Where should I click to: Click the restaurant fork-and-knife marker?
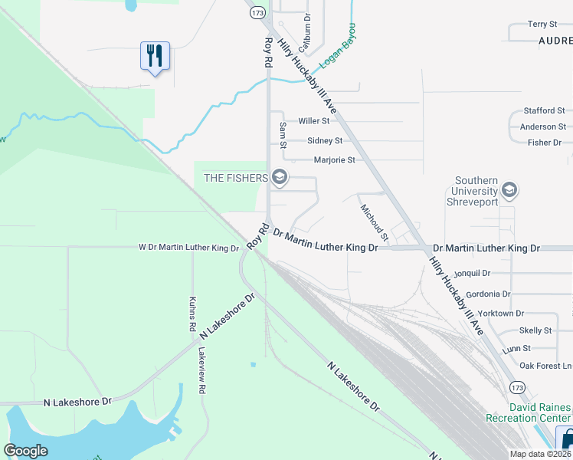click(x=155, y=56)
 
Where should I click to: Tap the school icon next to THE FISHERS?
click(x=279, y=178)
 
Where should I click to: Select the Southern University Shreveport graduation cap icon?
click(x=509, y=189)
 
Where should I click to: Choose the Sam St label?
click(x=283, y=134)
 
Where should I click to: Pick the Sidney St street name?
click(x=324, y=141)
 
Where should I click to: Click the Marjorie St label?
click(x=335, y=160)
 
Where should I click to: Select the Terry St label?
click(x=542, y=25)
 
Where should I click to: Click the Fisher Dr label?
click(x=545, y=143)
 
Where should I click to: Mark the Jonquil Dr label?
click(x=471, y=272)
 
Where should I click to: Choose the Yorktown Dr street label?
click(x=499, y=314)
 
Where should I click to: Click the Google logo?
click(x=26, y=451)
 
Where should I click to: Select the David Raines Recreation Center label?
click(x=528, y=412)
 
